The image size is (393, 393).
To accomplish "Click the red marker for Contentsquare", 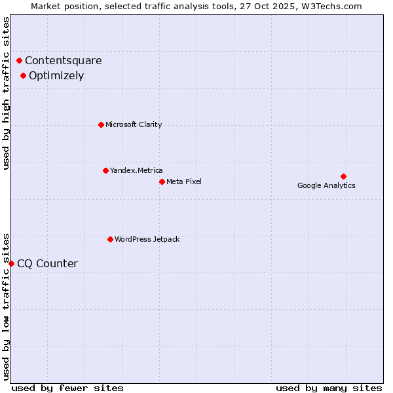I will click(19, 61).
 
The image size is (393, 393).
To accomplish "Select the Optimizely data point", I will click(23, 75).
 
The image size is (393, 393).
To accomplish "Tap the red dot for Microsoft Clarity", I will click(101, 124).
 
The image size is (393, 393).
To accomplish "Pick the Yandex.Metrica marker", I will click(105, 170).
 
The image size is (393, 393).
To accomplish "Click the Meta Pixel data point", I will click(162, 181).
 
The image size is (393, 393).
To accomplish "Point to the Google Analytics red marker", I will click(343, 176).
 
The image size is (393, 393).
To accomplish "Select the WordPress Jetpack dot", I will click(110, 239).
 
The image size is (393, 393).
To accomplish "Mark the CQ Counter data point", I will click(11, 263).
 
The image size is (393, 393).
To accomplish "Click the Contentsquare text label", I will click(64, 61).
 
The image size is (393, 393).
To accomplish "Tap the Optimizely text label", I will click(56, 75).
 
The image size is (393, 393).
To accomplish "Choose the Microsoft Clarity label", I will click(134, 124).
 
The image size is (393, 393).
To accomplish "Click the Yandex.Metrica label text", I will click(136, 170).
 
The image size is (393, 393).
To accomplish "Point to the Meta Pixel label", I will click(184, 181).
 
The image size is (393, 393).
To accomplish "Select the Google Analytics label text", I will click(326, 185).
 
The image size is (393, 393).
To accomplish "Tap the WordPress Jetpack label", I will click(147, 239).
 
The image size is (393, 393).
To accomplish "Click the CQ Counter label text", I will click(47, 264).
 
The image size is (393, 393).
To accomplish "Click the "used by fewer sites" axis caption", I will click(67, 388).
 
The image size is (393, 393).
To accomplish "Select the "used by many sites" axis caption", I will click(329, 388).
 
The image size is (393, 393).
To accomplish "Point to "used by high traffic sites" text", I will click(6, 93).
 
